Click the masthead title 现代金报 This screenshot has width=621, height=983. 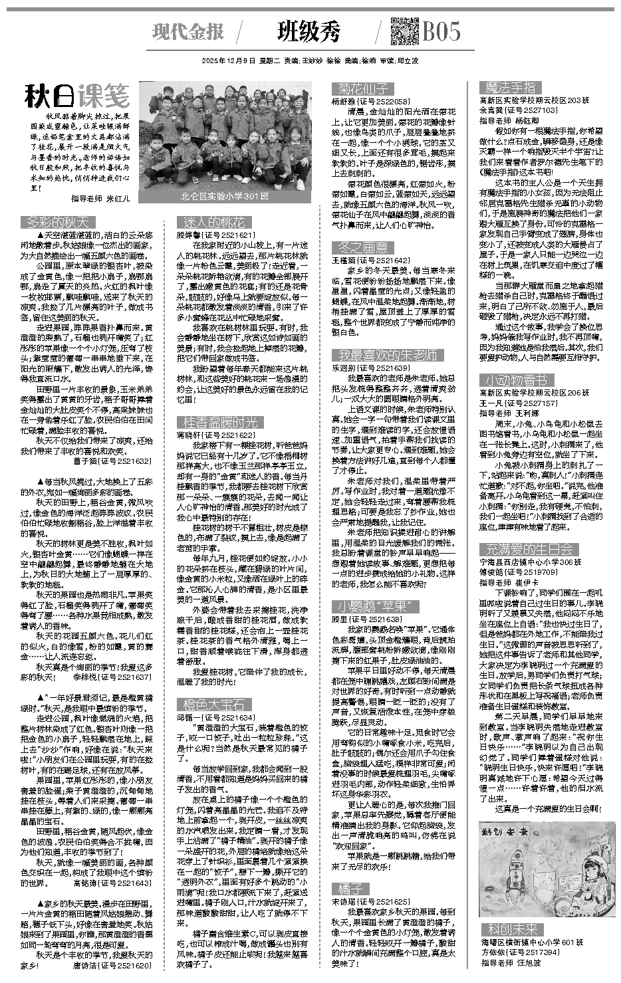click(x=188, y=32)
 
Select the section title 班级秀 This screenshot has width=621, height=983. click(x=309, y=32)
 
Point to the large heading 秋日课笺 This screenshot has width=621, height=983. click(x=76, y=97)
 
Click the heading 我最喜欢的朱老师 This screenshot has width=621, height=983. click(x=387, y=354)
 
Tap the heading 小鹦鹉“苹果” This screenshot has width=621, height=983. click(x=378, y=606)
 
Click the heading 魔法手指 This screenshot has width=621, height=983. click(x=511, y=88)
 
